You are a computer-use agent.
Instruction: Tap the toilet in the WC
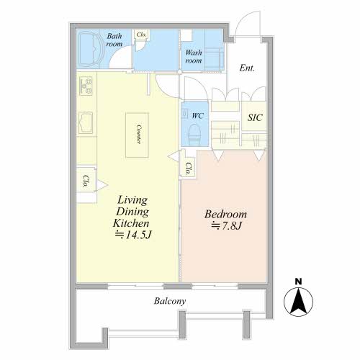(x=194, y=134)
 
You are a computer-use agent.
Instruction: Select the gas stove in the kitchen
(x=86, y=86)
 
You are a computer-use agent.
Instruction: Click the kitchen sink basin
(x=86, y=122)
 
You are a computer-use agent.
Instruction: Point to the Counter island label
(x=138, y=134)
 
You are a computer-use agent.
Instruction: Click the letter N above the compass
(x=298, y=282)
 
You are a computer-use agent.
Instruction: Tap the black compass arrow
(x=298, y=302)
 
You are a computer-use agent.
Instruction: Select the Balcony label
(x=170, y=301)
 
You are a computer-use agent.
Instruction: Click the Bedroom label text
(x=225, y=214)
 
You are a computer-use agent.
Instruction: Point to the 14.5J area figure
(x=132, y=235)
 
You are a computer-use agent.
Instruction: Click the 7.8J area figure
(x=226, y=226)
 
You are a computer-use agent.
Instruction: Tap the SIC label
(x=255, y=117)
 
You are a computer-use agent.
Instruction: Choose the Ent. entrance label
(x=247, y=68)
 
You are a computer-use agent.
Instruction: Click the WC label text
(x=197, y=116)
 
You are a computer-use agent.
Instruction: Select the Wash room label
(x=194, y=56)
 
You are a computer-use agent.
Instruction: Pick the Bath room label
(x=114, y=40)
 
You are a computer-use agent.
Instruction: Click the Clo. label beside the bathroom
(x=141, y=35)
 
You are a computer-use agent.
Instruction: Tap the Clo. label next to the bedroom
(x=189, y=168)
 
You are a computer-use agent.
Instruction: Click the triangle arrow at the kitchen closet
(x=102, y=185)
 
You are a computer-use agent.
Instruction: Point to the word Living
(x=132, y=200)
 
